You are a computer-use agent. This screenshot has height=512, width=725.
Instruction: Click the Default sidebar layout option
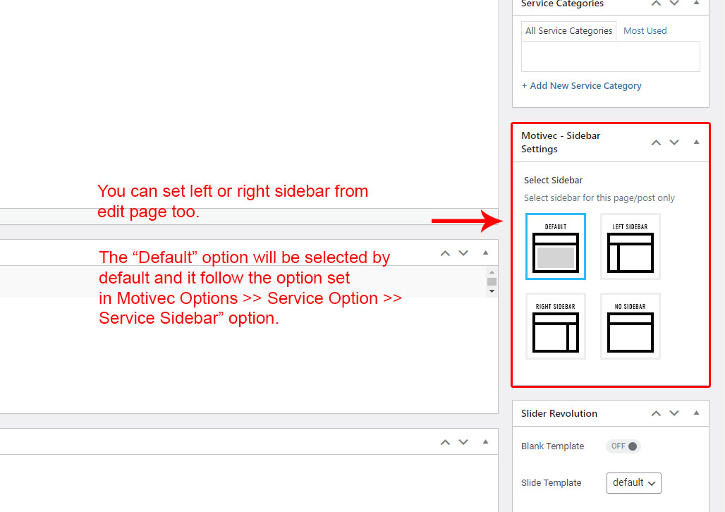click(555, 247)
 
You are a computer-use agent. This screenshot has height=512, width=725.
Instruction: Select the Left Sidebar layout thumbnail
click(630, 247)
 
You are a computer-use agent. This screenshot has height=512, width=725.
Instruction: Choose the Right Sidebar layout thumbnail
click(555, 326)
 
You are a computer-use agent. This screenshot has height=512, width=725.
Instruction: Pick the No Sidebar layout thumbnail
click(630, 326)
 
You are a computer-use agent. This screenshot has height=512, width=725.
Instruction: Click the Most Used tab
click(645, 30)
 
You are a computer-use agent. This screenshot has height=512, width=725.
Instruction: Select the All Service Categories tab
click(568, 31)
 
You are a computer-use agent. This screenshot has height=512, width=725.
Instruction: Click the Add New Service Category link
click(582, 85)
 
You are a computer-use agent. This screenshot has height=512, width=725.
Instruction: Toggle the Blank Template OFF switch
click(623, 446)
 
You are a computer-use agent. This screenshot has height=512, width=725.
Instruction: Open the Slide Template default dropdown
click(634, 483)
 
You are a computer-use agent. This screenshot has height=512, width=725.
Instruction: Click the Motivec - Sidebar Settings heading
click(561, 142)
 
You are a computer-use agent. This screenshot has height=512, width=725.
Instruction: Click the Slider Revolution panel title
click(559, 413)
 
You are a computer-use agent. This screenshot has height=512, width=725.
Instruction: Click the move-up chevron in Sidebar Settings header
click(656, 142)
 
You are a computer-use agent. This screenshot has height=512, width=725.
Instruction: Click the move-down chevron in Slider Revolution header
click(674, 413)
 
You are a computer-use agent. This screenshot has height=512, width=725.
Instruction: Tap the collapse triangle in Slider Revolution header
click(696, 413)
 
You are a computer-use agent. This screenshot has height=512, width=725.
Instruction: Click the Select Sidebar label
click(553, 181)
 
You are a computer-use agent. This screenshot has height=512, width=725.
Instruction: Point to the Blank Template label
click(552, 446)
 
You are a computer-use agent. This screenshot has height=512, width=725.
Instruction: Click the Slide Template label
click(551, 483)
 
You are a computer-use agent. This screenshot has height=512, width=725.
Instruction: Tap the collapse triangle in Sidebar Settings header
click(696, 142)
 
